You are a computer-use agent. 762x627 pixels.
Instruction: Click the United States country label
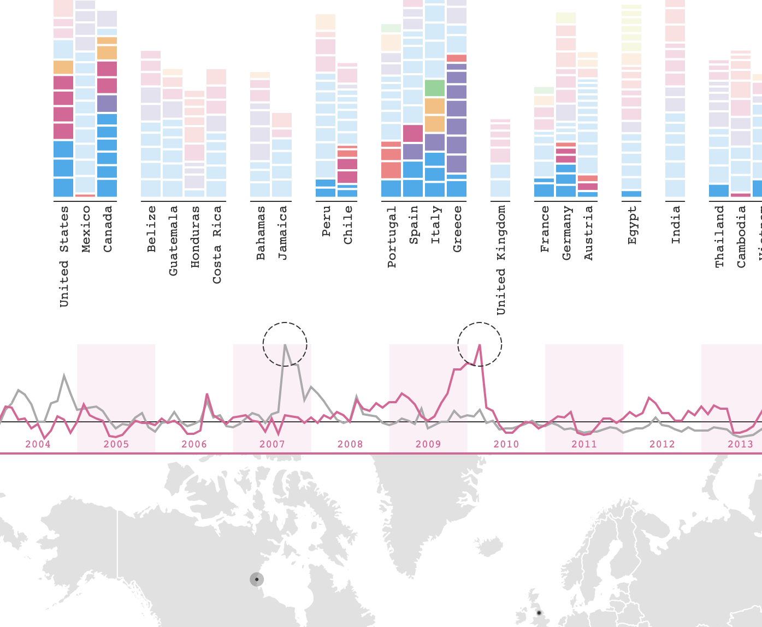(x=64, y=256)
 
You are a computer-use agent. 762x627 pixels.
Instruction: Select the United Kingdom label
(x=501, y=260)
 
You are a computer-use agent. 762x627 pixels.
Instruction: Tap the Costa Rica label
(x=217, y=244)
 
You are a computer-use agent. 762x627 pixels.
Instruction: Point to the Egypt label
(x=632, y=225)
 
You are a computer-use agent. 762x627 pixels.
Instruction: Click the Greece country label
(x=457, y=229)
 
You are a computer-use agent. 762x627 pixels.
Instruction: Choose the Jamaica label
(x=282, y=232)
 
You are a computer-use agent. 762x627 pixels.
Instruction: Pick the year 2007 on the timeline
(x=272, y=444)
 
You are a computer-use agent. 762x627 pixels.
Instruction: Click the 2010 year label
(x=506, y=444)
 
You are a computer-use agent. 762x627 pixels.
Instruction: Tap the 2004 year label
(x=38, y=444)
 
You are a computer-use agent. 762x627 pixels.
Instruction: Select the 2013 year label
(x=740, y=444)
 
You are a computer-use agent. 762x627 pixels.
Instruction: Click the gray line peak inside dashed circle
(x=285, y=345)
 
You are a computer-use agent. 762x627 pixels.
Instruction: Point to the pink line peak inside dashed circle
(x=479, y=345)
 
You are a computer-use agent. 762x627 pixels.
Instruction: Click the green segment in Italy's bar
(x=435, y=88)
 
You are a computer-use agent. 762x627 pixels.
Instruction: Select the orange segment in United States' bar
(x=63, y=67)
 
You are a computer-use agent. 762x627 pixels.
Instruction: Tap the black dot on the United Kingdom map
(x=539, y=613)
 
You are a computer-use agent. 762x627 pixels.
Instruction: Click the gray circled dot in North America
(x=257, y=580)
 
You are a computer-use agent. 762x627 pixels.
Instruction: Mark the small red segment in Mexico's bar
(x=85, y=195)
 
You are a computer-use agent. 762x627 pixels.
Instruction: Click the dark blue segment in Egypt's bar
(x=631, y=194)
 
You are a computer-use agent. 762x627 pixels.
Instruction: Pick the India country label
(x=676, y=225)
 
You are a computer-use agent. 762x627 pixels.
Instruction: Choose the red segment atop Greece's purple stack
(x=457, y=58)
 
